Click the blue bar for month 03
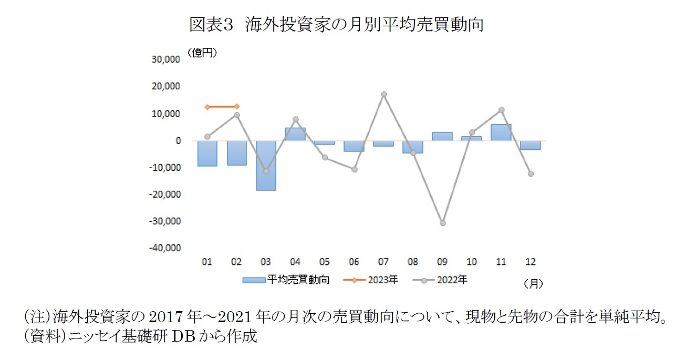pyautogui.click(x=266, y=165)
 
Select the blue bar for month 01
pyautogui.click(x=207, y=153)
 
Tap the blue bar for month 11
pyautogui.click(x=501, y=132)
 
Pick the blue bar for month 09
pyautogui.click(x=442, y=136)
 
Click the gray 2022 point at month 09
pyautogui.click(x=442, y=223)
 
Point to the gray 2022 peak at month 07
pyautogui.click(x=383, y=95)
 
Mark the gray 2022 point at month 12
pyautogui.click(x=531, y=174)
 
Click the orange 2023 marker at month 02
pyautogui.click(x=237, y=107)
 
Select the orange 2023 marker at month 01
pyautogui.click(x=207, y=107)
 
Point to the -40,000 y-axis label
pyautogui.click(x=164, y=248)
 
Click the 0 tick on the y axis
pyautogui.click(x=178, y=141)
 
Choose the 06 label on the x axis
pyautogui.click(x=354, y=262)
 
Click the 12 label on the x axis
pyautogui.click(x=531, y=262)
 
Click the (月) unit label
pyautogui.click(x=533, y=284)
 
